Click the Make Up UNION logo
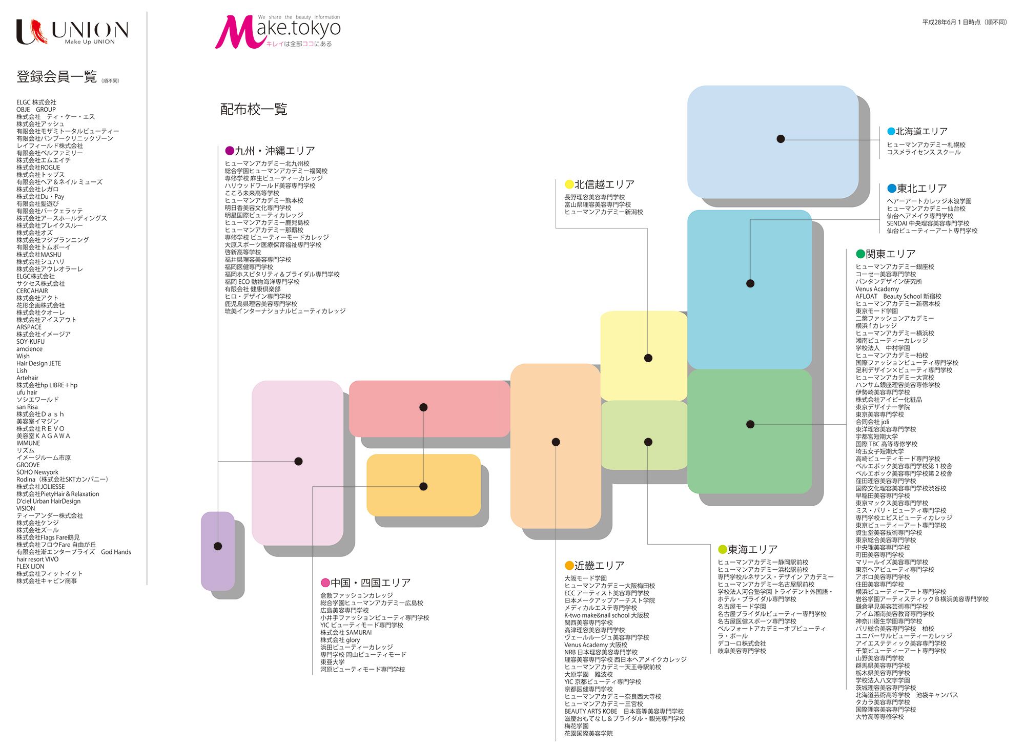[72, 32]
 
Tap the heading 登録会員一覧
[57, 77]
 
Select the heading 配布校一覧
[254, 109]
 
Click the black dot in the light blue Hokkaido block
[781, 139]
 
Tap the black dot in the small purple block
[218, 546]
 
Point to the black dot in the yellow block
[648, 358]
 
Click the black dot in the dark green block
[750, 424]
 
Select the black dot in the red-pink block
[423, 407]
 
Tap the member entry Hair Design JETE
[38, 363]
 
